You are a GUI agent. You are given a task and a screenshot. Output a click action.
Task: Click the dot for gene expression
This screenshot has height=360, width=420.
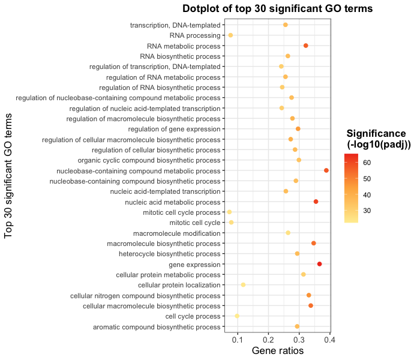coord(319,264)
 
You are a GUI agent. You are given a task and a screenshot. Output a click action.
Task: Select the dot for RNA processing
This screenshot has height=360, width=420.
coord(230,35)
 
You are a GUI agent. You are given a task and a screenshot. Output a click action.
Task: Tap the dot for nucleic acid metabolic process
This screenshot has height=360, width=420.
coord(316,202)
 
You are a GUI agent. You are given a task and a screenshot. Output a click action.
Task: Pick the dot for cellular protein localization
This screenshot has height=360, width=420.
coord(243,285)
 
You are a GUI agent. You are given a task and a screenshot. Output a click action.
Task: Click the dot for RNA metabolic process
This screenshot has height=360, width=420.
coord(306,46)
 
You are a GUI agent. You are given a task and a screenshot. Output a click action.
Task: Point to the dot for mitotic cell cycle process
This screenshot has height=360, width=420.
coord(229,212)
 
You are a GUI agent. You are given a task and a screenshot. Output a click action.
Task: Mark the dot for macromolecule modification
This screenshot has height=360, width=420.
coord(288,233)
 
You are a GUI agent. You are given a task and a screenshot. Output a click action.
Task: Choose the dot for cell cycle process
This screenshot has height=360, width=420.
coord(237,316)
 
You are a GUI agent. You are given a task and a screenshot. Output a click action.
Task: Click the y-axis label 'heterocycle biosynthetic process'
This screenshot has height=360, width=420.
coord(170,254)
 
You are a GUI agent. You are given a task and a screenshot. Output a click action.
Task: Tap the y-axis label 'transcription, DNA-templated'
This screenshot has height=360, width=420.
coord(175,25)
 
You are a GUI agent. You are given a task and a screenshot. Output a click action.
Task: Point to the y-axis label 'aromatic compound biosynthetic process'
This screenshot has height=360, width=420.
coord(157,327)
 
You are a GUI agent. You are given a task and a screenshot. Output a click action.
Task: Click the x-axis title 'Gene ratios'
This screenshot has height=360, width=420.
coord(277,350)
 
